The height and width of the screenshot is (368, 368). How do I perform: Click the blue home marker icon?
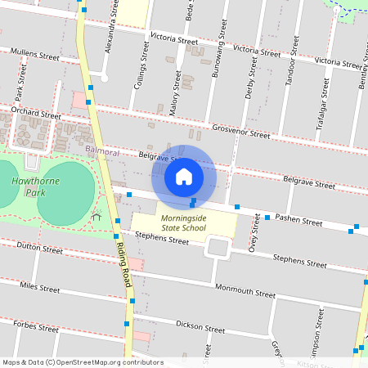[x=184, y=176]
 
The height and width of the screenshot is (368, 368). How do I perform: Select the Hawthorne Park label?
[x=29, y=186]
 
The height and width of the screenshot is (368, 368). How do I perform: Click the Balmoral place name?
[x=102, y=152]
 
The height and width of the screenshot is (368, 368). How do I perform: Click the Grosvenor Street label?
[x=240, y=131]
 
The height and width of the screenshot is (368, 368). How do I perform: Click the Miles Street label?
[x=39, y=287]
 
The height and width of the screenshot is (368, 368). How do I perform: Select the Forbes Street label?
[x=37, y=327]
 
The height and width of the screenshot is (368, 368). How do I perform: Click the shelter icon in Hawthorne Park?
[x=96, y=217]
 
